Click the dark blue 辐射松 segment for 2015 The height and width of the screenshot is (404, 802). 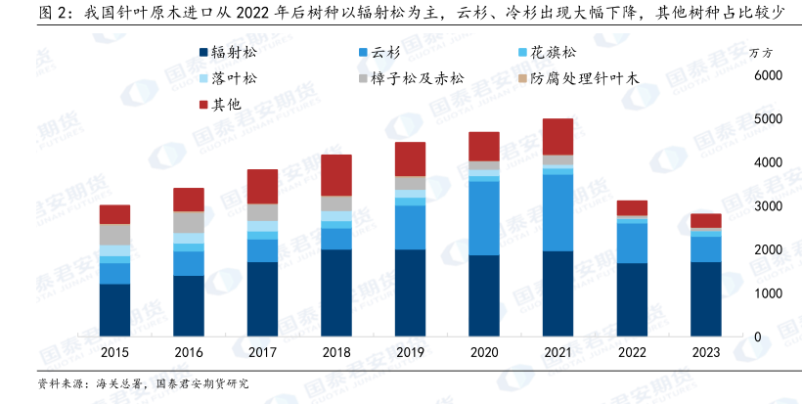coord(114,309)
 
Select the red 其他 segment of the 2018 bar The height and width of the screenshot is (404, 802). coord(335,174)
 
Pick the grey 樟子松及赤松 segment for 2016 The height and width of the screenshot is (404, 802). coord(189,222)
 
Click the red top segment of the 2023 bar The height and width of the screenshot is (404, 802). coord(704,220)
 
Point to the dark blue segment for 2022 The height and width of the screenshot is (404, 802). coord(631,298)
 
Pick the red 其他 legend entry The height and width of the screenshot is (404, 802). coord(221,102)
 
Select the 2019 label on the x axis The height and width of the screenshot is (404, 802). coord(410,353)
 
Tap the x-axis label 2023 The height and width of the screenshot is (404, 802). coord(704,353)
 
